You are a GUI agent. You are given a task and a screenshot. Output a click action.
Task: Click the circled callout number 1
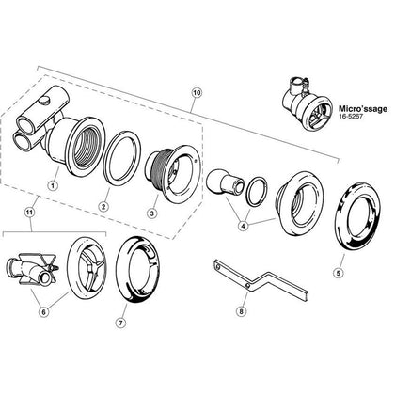(x=53, y=186)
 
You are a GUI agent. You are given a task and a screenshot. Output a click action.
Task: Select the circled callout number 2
(x=103, y=207)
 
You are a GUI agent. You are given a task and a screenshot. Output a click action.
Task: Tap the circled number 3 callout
(x=152, y=213)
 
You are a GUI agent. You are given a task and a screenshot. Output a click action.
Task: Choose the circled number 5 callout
(x=338, y=273)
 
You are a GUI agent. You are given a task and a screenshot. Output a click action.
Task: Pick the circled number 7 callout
(x=121, y=323)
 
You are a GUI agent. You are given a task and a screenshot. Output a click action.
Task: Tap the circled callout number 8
(x=241, y=311)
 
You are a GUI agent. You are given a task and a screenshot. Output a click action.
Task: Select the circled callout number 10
(x=197, y=93)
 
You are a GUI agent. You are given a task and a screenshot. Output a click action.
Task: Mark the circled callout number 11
(x=29, y=213)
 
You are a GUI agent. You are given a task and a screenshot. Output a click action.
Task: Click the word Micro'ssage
(x=363, y=109)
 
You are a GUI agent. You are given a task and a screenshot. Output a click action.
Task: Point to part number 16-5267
(x=349, y=116)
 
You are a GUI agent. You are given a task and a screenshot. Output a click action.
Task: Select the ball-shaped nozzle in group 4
(x=224, y=183)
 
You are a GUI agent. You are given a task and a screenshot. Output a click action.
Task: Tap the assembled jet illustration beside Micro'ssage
(x=307, y=103)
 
